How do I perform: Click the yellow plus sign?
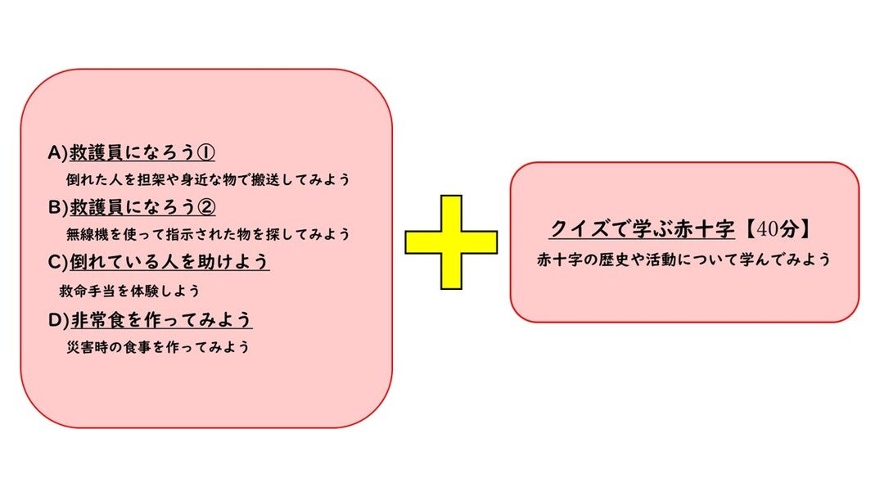click(451, 242)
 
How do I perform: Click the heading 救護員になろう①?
click(142, 152)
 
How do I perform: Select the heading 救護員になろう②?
click(142, 207)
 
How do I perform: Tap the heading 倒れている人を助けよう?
click(169, 263)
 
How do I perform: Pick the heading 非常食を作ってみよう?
click(160, 319)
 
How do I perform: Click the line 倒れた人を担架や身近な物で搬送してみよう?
click(213, 178)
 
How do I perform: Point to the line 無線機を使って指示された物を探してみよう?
click(208, 234)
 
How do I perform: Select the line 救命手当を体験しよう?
click(130, 290)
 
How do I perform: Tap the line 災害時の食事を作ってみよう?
click(157, 346)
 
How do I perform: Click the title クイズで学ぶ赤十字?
click(630, 228)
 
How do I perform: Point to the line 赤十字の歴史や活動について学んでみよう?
click(683, 260)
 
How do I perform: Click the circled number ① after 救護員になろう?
click(206, 152)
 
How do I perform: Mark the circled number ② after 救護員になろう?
click(206, 207)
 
